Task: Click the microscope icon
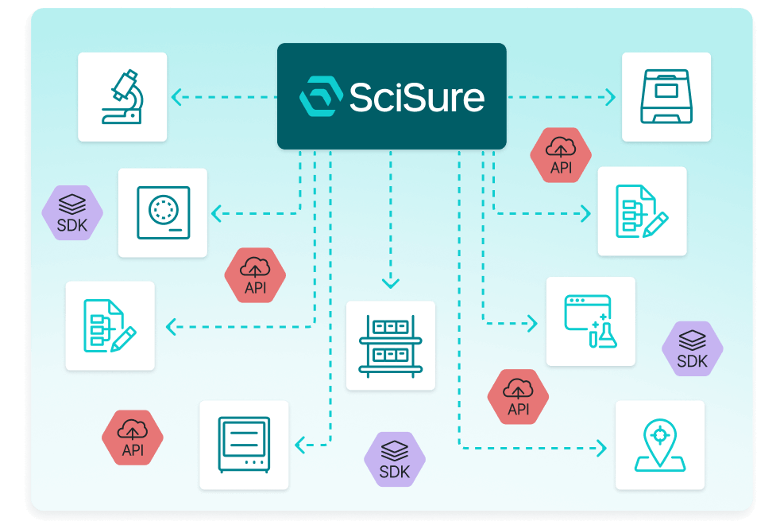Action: click(122, 97)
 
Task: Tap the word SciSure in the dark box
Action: click(416, 97)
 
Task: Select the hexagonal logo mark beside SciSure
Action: click(320, 97)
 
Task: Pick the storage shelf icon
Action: click(390, 345)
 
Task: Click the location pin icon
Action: click(659, 445)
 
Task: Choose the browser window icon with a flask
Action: click(590, 321)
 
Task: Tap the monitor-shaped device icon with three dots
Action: click(244, 445)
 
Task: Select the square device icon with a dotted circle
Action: click(163, 212)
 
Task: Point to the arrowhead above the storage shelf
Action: click(390, 282)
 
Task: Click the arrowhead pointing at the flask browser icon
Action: click(533, 324)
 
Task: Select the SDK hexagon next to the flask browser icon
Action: click(692, 349)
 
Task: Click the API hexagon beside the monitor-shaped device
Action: click(133, 438)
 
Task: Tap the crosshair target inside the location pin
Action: click(658, 434)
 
